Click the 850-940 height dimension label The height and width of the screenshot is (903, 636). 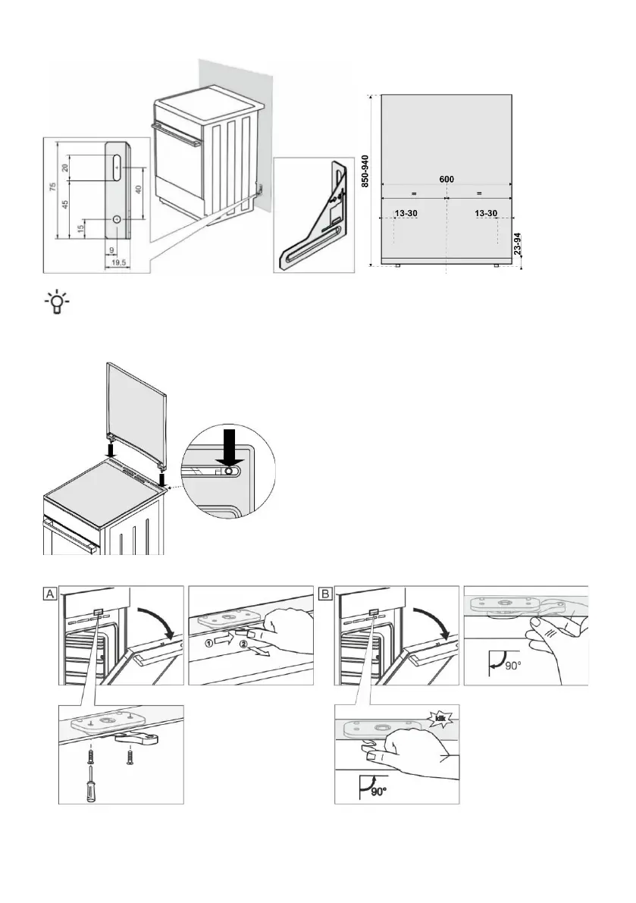click(x=365, y=171)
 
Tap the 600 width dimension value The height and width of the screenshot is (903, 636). click(x=446, y=179)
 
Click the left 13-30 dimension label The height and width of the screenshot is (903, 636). click(x=406, y=214)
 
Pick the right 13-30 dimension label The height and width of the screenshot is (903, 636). click(x=485, y=214)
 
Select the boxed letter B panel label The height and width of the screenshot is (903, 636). click(x=325, y=594)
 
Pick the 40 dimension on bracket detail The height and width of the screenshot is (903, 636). click(x=138, y=190)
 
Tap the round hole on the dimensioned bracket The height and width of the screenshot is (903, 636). click(x=117, y=218)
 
